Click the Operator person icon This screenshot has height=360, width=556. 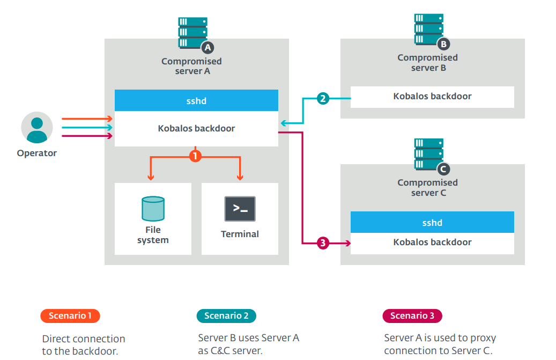click(x=37, y=127)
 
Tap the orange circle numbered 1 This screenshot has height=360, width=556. click(x=195, y=156)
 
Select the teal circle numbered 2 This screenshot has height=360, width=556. click(x=323, y=98)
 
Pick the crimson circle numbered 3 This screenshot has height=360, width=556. click(x=323, y=243)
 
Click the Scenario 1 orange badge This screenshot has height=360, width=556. click(x=70, y=315)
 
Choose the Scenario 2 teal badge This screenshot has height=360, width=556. click(x=226, y=315)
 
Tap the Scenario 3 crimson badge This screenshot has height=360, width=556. click(x=412, y=315)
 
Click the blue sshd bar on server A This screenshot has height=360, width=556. click(x=196, y=100)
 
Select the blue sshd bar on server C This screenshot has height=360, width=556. click(x=432, y=222)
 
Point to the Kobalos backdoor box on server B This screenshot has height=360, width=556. click(x=432, y=97)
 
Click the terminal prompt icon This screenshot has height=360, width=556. click(x=240, y=209)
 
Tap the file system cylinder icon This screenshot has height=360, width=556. click(x=153, y=209)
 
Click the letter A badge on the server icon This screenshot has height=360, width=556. click(x=207, y=48)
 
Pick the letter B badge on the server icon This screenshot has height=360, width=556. click(x=443, y=44)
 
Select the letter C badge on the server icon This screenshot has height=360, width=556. click(x=443, y=169)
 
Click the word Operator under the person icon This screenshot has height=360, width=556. click(x=37, y=153)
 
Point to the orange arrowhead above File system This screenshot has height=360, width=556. click(x=151, y=177)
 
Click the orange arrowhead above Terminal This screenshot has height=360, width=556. click(x=240, y=177)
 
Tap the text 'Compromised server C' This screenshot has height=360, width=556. click(x=428, y=188)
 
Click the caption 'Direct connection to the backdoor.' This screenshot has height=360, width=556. click(x=84, y=345)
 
